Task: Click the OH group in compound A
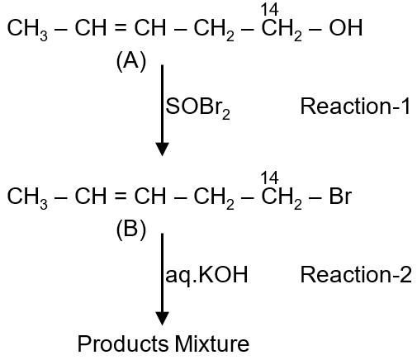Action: (346, 27)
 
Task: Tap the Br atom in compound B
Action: (340, 197)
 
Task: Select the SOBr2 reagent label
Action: (197, 107)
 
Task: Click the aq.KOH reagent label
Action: (206, 275)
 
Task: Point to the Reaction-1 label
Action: (355, 107)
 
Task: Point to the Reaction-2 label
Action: (356, 274)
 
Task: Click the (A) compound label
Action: (131, 61)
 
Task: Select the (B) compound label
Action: (131, 230)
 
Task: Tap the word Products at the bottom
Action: (123, 343)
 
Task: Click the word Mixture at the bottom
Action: (212, 343)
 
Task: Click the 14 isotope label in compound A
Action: (270, 10)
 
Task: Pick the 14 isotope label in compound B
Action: (270, 178)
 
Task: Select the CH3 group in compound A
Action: (27, 30)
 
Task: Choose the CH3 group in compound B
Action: (27, 198)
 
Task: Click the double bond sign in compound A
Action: (121, 28)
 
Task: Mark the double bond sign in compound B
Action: (121, 197)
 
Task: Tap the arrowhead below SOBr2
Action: (162, 149)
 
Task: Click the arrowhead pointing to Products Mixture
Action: (162, 319)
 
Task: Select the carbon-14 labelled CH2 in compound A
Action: (282, 30)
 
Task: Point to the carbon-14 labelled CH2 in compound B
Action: (282, 198)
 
